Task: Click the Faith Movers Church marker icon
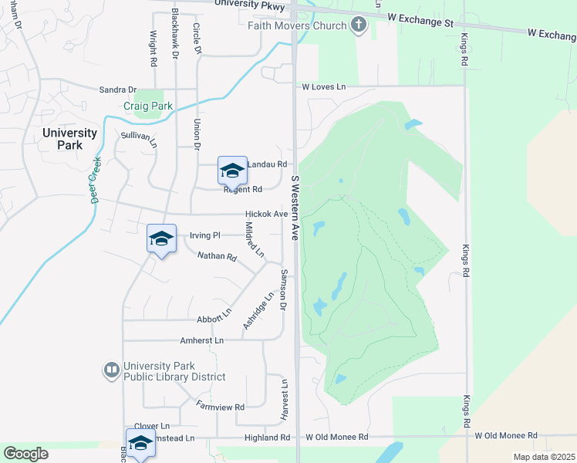pos(357,25)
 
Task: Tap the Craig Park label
pos(147,106)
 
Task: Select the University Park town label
pos(70,139)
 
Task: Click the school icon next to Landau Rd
pos(232,170)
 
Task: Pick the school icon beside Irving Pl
pos(161,239)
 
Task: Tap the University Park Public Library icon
pos(112,371)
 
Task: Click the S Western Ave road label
pos(295,208)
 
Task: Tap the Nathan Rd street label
pos(217,256)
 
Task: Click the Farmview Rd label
pos(220,406)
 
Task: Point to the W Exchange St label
pos(420,18)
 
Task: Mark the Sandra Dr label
pos(117,90)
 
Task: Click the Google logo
pos(25,453)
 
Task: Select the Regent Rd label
pos(243,189)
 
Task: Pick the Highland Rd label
pos(273,438)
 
